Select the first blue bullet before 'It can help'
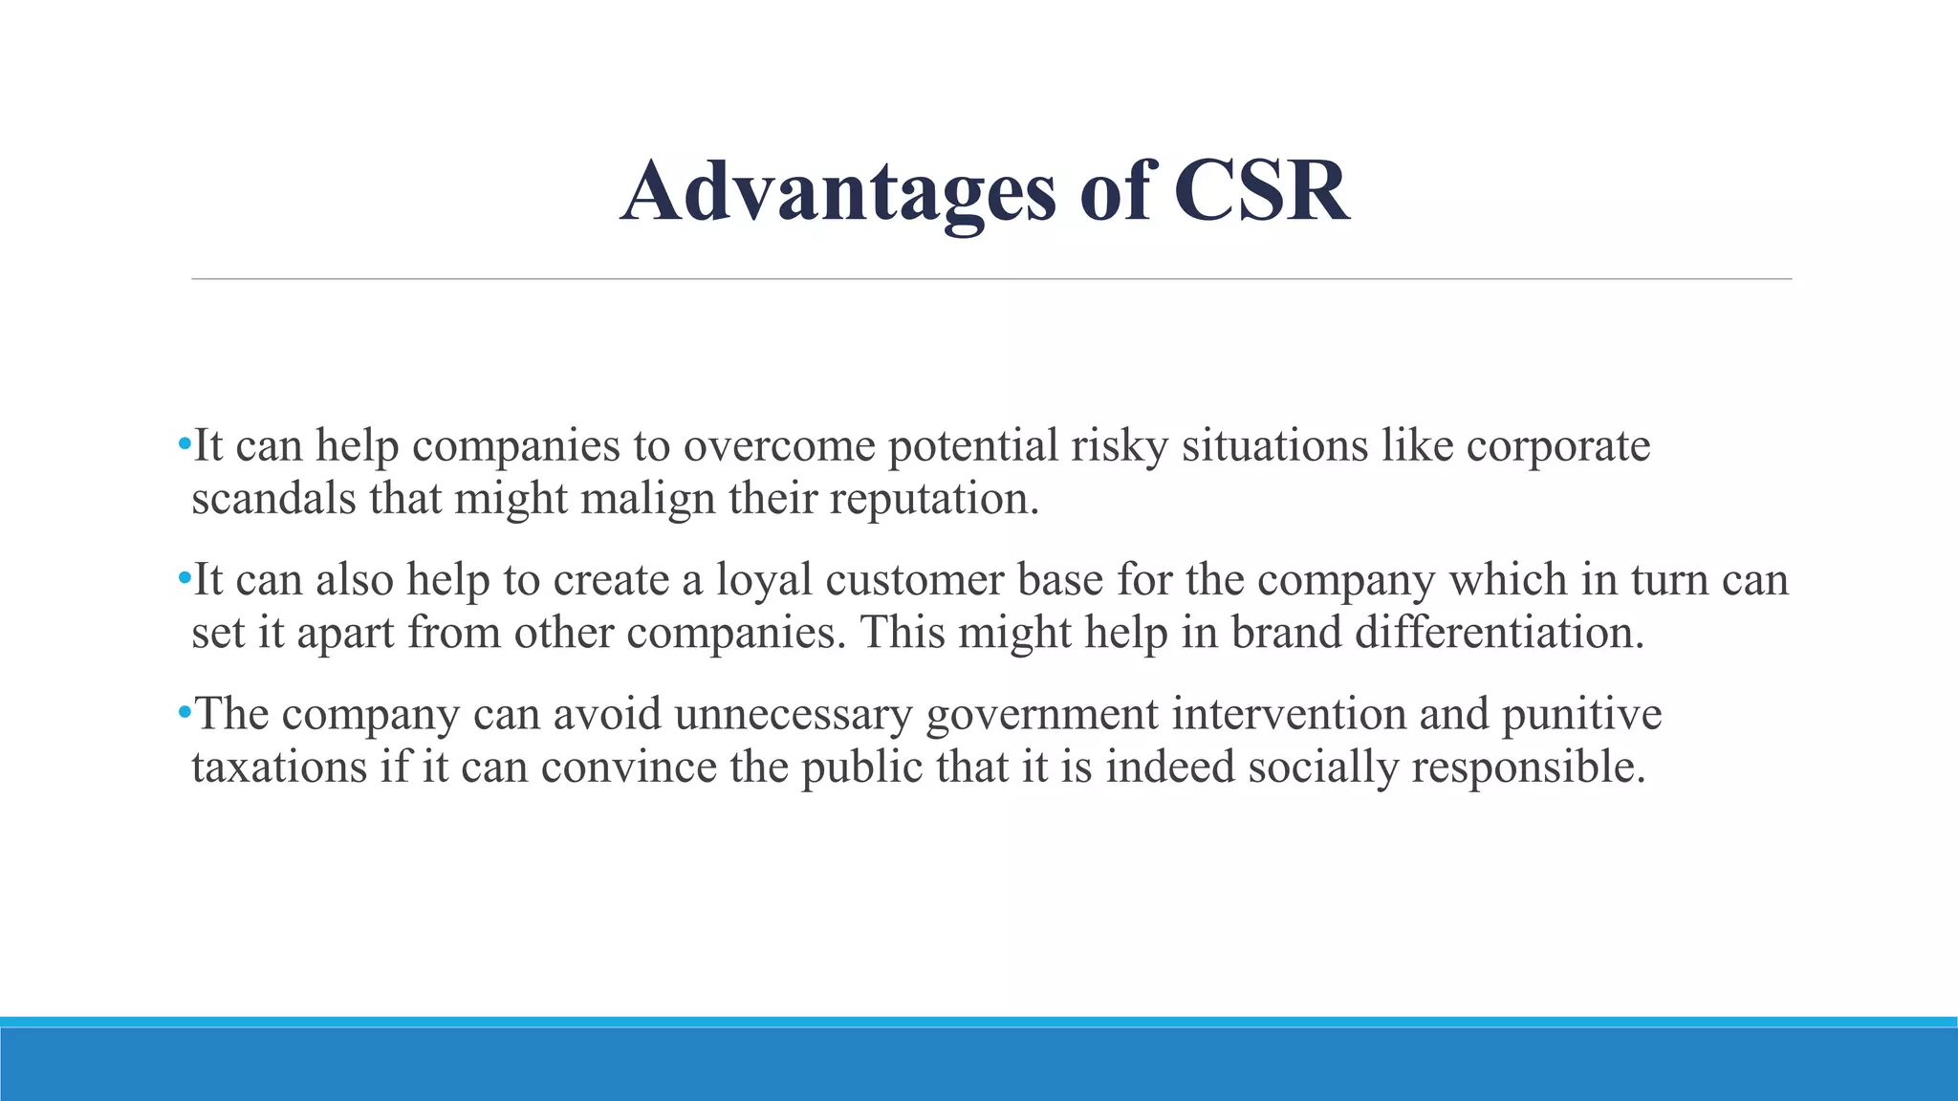184,444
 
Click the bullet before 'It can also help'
184,578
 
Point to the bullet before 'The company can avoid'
184,713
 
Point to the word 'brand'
1286,633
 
